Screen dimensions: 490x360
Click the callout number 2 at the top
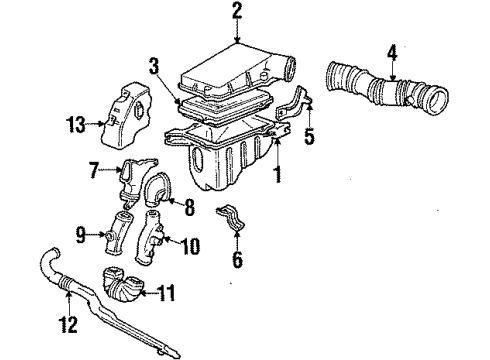[x=236, y=11]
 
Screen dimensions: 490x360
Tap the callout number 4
[x=392, y=54]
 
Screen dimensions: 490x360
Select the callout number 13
[x=75, y=125]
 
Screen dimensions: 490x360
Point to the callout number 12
[x=68, y=324]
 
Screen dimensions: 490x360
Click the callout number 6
[x=237, y=259]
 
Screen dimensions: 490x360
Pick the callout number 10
[x=190, y=246]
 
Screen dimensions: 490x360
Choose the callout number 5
[x=310, y=136]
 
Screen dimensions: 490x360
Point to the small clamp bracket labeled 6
[x=230, y=218]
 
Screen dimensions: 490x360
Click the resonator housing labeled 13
[x=127, y=116]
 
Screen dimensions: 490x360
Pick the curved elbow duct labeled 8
[x=157, y=189]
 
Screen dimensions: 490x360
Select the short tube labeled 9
[x=117, y=233]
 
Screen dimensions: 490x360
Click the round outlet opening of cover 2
[x=289, y=68]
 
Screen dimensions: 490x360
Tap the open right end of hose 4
[x=437, y=101]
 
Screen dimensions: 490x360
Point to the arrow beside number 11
[x=149, y=293]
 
